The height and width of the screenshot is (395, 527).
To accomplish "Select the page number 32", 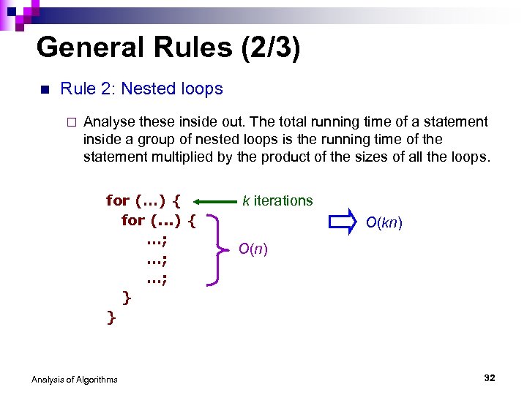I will click(x=490, y=377).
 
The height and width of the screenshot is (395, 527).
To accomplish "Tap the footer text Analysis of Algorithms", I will click(x=75, y=379).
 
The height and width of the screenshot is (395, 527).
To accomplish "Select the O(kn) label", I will click(x=384, y=222).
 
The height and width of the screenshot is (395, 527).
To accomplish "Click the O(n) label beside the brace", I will click(x=253, y=249).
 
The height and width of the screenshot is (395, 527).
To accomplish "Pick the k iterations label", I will click(x=277, y=200).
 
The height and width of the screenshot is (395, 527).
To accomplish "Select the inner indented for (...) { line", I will click(x=158, y=220).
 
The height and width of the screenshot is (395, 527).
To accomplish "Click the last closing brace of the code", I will click(x=111, y=316).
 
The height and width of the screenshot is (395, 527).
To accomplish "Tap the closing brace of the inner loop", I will click(x=127, y=297).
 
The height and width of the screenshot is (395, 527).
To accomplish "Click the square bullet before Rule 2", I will click(x=43, y=90).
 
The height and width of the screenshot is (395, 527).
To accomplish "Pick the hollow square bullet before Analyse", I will click(x=70, y=122).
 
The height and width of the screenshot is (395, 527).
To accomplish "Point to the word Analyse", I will click(x=108, y=121).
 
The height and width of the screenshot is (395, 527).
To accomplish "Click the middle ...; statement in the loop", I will click(x=157, y=259).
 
